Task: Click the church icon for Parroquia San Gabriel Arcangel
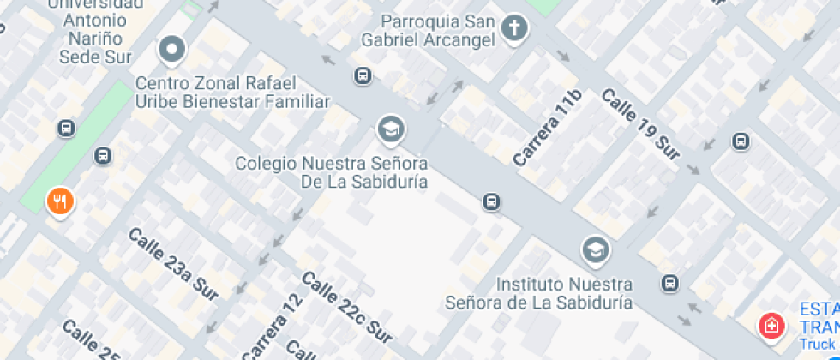[x=514, y=27]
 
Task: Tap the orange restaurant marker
[x=59, y=201]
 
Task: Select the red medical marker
[x=771, y=326]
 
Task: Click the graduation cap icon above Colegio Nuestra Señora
[x=391, y=129]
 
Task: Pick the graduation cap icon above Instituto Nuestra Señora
[x=593, y=250]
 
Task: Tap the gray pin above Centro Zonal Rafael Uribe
[x=172, y=49]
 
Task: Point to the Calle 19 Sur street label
[x=640, y=124]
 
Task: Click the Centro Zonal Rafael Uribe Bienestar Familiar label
[x=232, y=93]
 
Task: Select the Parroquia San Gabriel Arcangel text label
[x=440, y=31]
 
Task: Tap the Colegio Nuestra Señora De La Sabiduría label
[x=331, y=171]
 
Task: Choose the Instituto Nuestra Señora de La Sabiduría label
[x=539, y=292]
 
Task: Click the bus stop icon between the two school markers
[x=491, y=202]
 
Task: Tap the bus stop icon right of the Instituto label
[x=670, y=283]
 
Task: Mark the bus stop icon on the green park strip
[x=103, y=156]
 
